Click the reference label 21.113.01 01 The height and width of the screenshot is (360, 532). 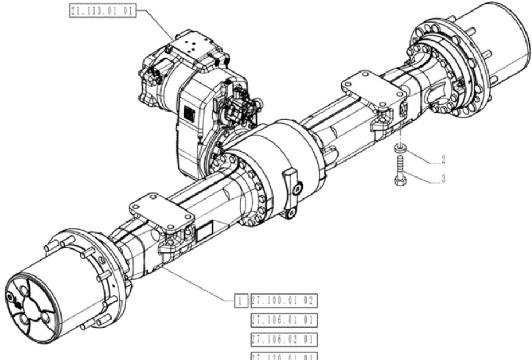click(x=103, y=11)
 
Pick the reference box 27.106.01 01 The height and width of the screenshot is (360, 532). click(x=285, y=319)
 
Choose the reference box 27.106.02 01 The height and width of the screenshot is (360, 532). click(x=285, y=338)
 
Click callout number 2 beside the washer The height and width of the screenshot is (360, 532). click(x=443, y=160)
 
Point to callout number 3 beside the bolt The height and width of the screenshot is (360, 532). click(x=443, y=179)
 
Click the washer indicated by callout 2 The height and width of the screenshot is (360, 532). click(x=401, y=147)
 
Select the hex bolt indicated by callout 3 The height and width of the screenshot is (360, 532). click(x=400, y=170)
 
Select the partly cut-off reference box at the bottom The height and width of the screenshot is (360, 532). click(x=285, y=355)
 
